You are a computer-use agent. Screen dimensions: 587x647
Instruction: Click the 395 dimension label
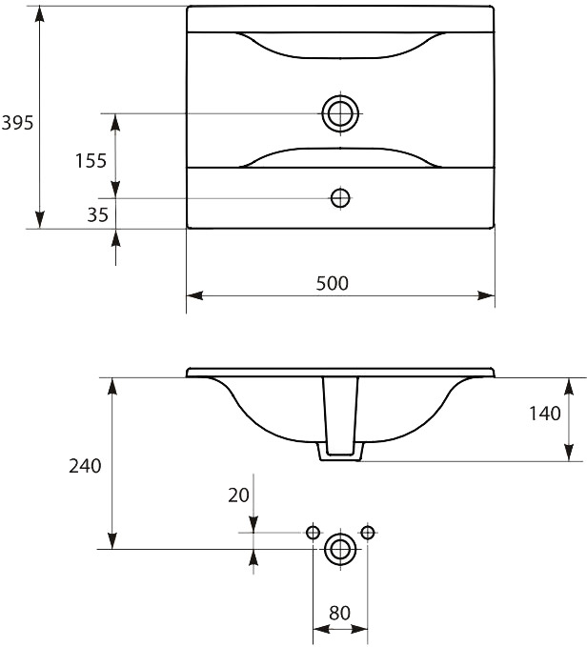(x=17, y=123)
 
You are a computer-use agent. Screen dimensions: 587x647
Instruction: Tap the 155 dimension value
(x=91, y=160)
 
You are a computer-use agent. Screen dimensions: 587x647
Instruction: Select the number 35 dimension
(x=98, y=214)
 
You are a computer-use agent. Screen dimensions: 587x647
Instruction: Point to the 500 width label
(x=332, y=283)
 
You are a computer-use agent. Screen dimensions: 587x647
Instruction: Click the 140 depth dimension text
(x=545, y=414)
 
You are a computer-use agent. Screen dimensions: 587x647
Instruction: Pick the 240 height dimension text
(x=85, y=466)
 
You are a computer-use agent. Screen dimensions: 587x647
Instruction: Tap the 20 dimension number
(x=238, y=495)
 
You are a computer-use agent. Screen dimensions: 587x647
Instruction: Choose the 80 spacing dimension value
(x=339, y=613)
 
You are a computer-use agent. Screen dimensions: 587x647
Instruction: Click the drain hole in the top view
(x=340, y=113)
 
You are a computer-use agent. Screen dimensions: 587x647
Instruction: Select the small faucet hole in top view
(x=340, y=198)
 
